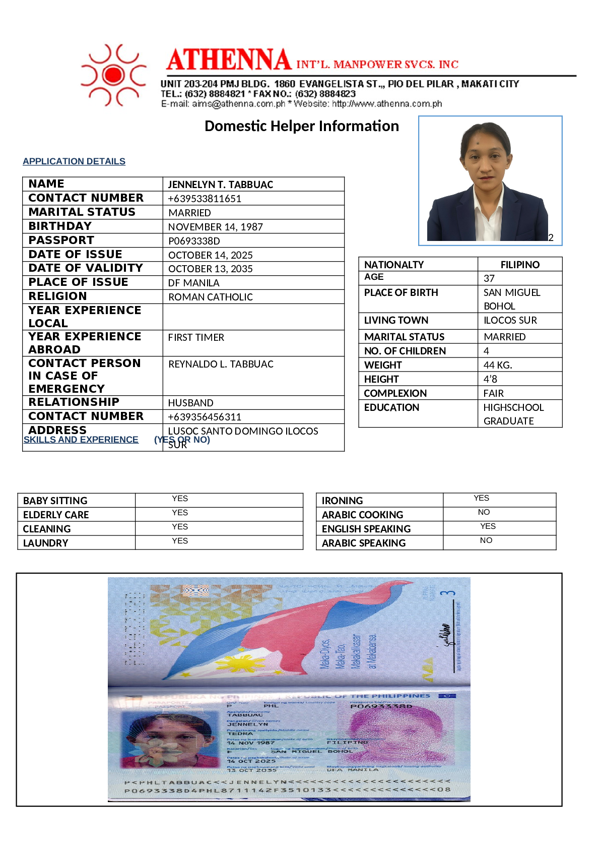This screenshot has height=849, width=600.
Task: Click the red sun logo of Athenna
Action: pos(114,75)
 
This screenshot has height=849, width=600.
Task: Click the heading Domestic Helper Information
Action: pos(301,126)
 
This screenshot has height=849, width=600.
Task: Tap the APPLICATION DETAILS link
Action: pos(74,161)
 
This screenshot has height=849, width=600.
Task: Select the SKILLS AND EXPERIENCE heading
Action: pos(81,440)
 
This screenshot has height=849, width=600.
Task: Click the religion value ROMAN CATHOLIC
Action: pos(211,297)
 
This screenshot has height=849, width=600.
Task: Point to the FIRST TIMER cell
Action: pos(196,337)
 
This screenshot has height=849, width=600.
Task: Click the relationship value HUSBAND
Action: pos(190,403)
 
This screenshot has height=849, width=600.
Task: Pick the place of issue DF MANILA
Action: pos(193,283)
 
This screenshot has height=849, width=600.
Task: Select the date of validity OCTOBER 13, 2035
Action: pos(210,269)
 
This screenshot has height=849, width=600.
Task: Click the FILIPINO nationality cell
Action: pos(519,265)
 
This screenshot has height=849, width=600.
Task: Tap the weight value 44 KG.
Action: pos(497,365)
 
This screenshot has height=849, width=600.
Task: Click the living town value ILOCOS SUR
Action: pos(510,320)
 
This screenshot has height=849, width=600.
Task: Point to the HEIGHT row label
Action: pos(381,379)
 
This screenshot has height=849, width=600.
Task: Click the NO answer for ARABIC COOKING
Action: pos(484,512)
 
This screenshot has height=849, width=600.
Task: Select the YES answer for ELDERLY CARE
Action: pos(180,513)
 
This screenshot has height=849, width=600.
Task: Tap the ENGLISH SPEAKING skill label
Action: pos(366,529)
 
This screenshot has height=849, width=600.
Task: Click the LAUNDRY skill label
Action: pos(45,543)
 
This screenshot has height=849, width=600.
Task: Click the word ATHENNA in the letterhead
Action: pos(229,60)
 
